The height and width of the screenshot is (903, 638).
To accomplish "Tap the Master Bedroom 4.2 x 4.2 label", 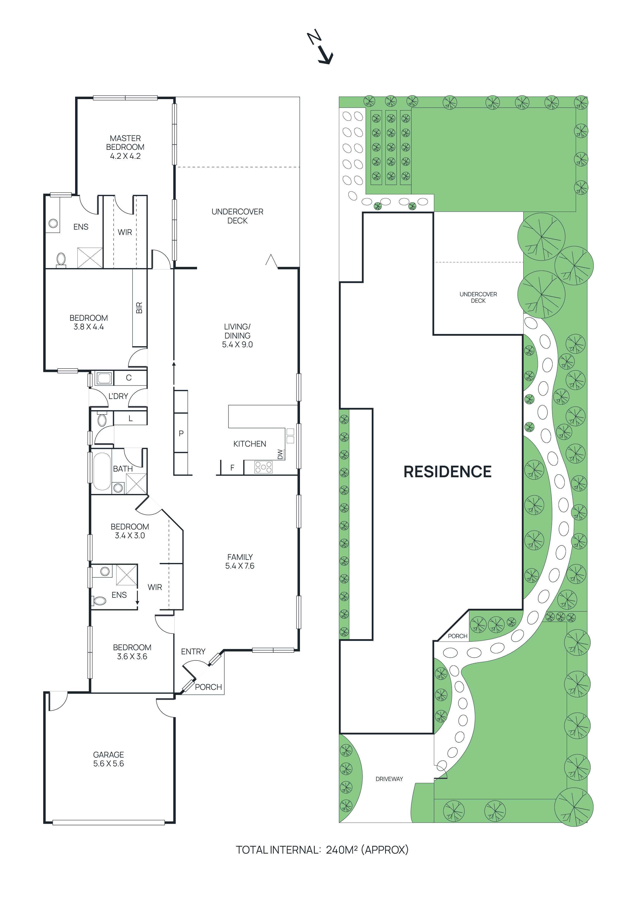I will coord(125,147).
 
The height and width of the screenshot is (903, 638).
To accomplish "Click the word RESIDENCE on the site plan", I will coord(447,472).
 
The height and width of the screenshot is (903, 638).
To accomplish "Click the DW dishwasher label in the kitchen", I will coord(280,454).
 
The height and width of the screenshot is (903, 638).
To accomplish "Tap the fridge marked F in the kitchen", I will coord(232,468).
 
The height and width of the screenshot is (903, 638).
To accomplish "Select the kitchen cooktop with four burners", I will coord(263,467).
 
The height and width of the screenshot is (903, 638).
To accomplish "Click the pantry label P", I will coord(181,433).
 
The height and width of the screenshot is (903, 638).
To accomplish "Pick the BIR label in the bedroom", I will coord(139,308).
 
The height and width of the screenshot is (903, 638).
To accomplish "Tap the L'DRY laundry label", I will coord(118,396).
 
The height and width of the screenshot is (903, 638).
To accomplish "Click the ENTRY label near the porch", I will coord(193,652).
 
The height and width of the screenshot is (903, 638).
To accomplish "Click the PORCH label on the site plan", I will coord(457,636).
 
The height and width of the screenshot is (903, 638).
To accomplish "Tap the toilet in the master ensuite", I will coord(61,259).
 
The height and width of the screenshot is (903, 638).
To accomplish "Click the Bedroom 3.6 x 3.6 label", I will coord(132,652).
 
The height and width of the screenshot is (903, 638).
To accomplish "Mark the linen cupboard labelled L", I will coord(130,419).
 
